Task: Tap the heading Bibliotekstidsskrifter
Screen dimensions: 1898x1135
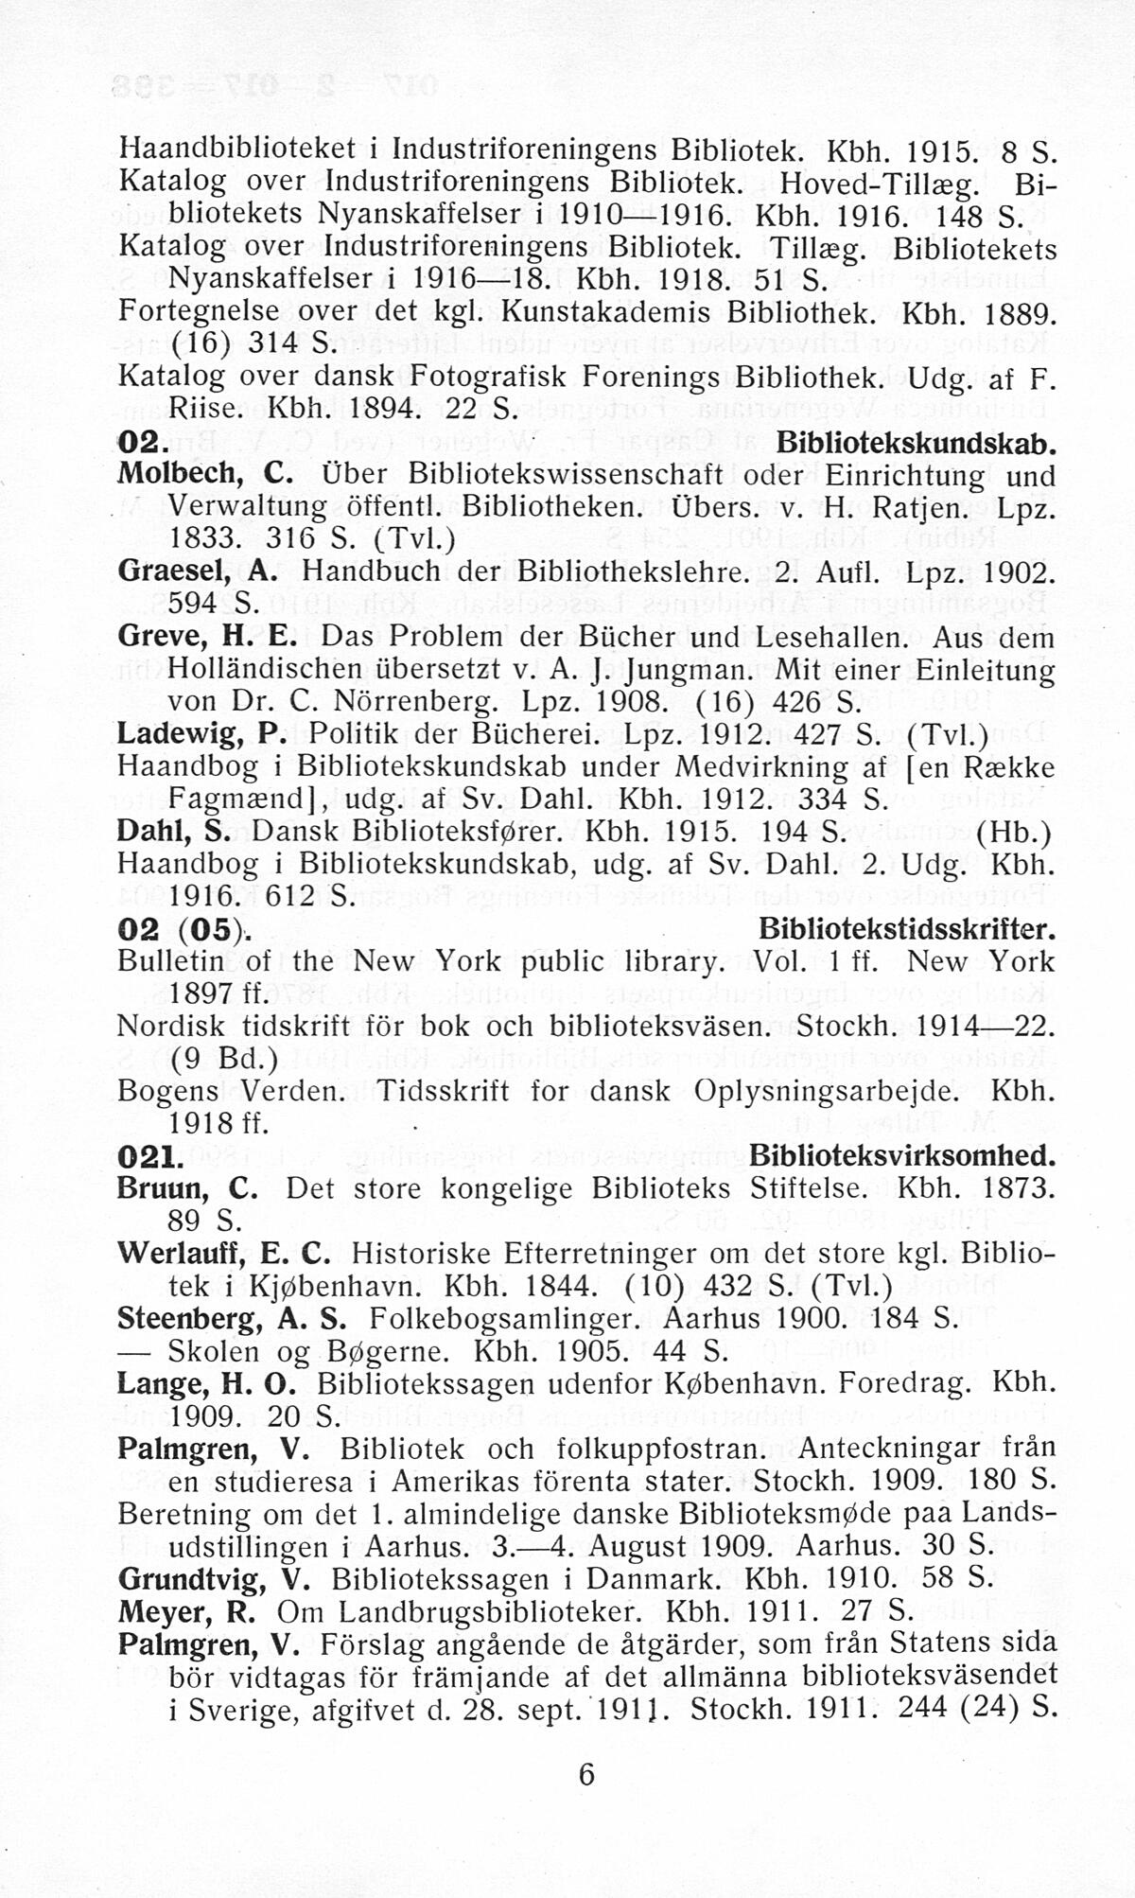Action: [x=906, y=930]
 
